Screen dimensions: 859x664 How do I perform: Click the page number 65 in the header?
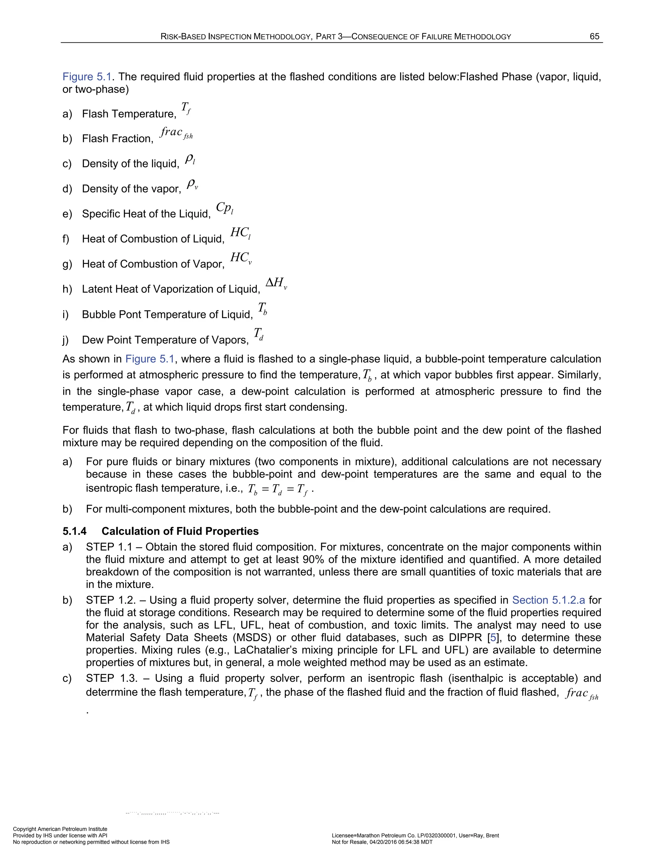[x=594, y=37]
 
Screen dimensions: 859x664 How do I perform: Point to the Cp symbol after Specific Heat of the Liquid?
[x=225, y=208]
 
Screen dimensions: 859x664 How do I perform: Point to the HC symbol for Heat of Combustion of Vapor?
[x=240, y=258]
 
